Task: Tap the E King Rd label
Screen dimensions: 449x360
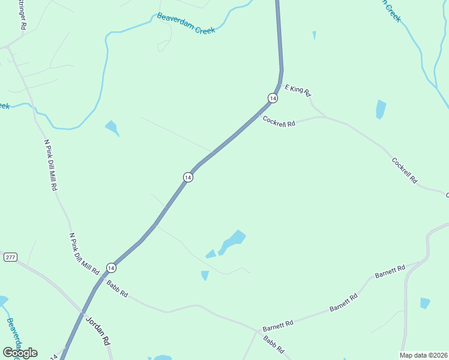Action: click(298, 90)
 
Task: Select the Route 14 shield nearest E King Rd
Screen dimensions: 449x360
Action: click(273, 98)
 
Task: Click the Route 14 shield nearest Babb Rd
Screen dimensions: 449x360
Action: click(111, 267)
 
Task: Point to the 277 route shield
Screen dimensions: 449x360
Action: click(10, 257)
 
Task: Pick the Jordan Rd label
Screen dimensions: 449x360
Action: click(98, 331)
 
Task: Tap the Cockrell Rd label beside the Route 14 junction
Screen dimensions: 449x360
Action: click(279, 120)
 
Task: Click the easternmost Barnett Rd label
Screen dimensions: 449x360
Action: click(390, 271)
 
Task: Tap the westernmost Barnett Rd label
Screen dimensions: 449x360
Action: click(277, 325)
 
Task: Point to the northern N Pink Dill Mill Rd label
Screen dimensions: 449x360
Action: click(51, 165)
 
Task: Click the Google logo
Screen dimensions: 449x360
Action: click(20, 353)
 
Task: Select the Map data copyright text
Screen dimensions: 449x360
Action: click(424, 355)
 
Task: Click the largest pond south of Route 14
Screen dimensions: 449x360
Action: click(232, 242)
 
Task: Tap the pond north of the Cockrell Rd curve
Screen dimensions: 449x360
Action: click(381, 109)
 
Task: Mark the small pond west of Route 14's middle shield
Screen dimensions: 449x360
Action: click(112, 128)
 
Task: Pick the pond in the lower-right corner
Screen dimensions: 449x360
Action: click(425, 303)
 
